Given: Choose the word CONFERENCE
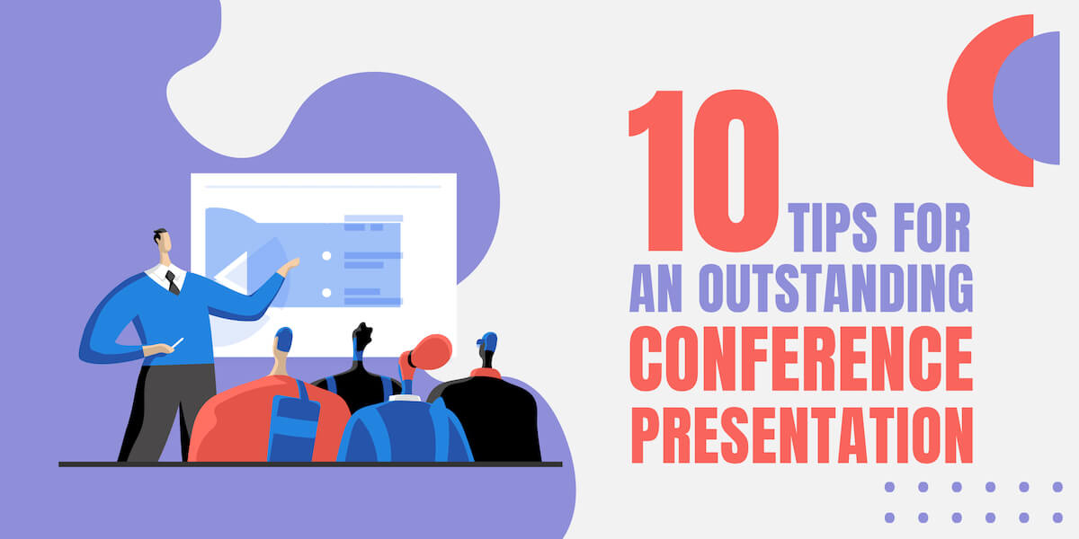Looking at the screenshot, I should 801,359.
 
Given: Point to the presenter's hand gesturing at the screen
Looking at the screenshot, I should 289,265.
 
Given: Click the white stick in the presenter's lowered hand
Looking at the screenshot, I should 178,343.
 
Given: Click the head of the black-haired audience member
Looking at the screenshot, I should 361,339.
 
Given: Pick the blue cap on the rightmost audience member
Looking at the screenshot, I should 487,341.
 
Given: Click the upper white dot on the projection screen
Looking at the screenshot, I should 326,256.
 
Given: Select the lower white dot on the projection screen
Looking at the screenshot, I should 326,292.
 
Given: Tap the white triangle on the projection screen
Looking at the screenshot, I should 232,275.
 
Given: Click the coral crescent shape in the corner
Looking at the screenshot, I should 976,99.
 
